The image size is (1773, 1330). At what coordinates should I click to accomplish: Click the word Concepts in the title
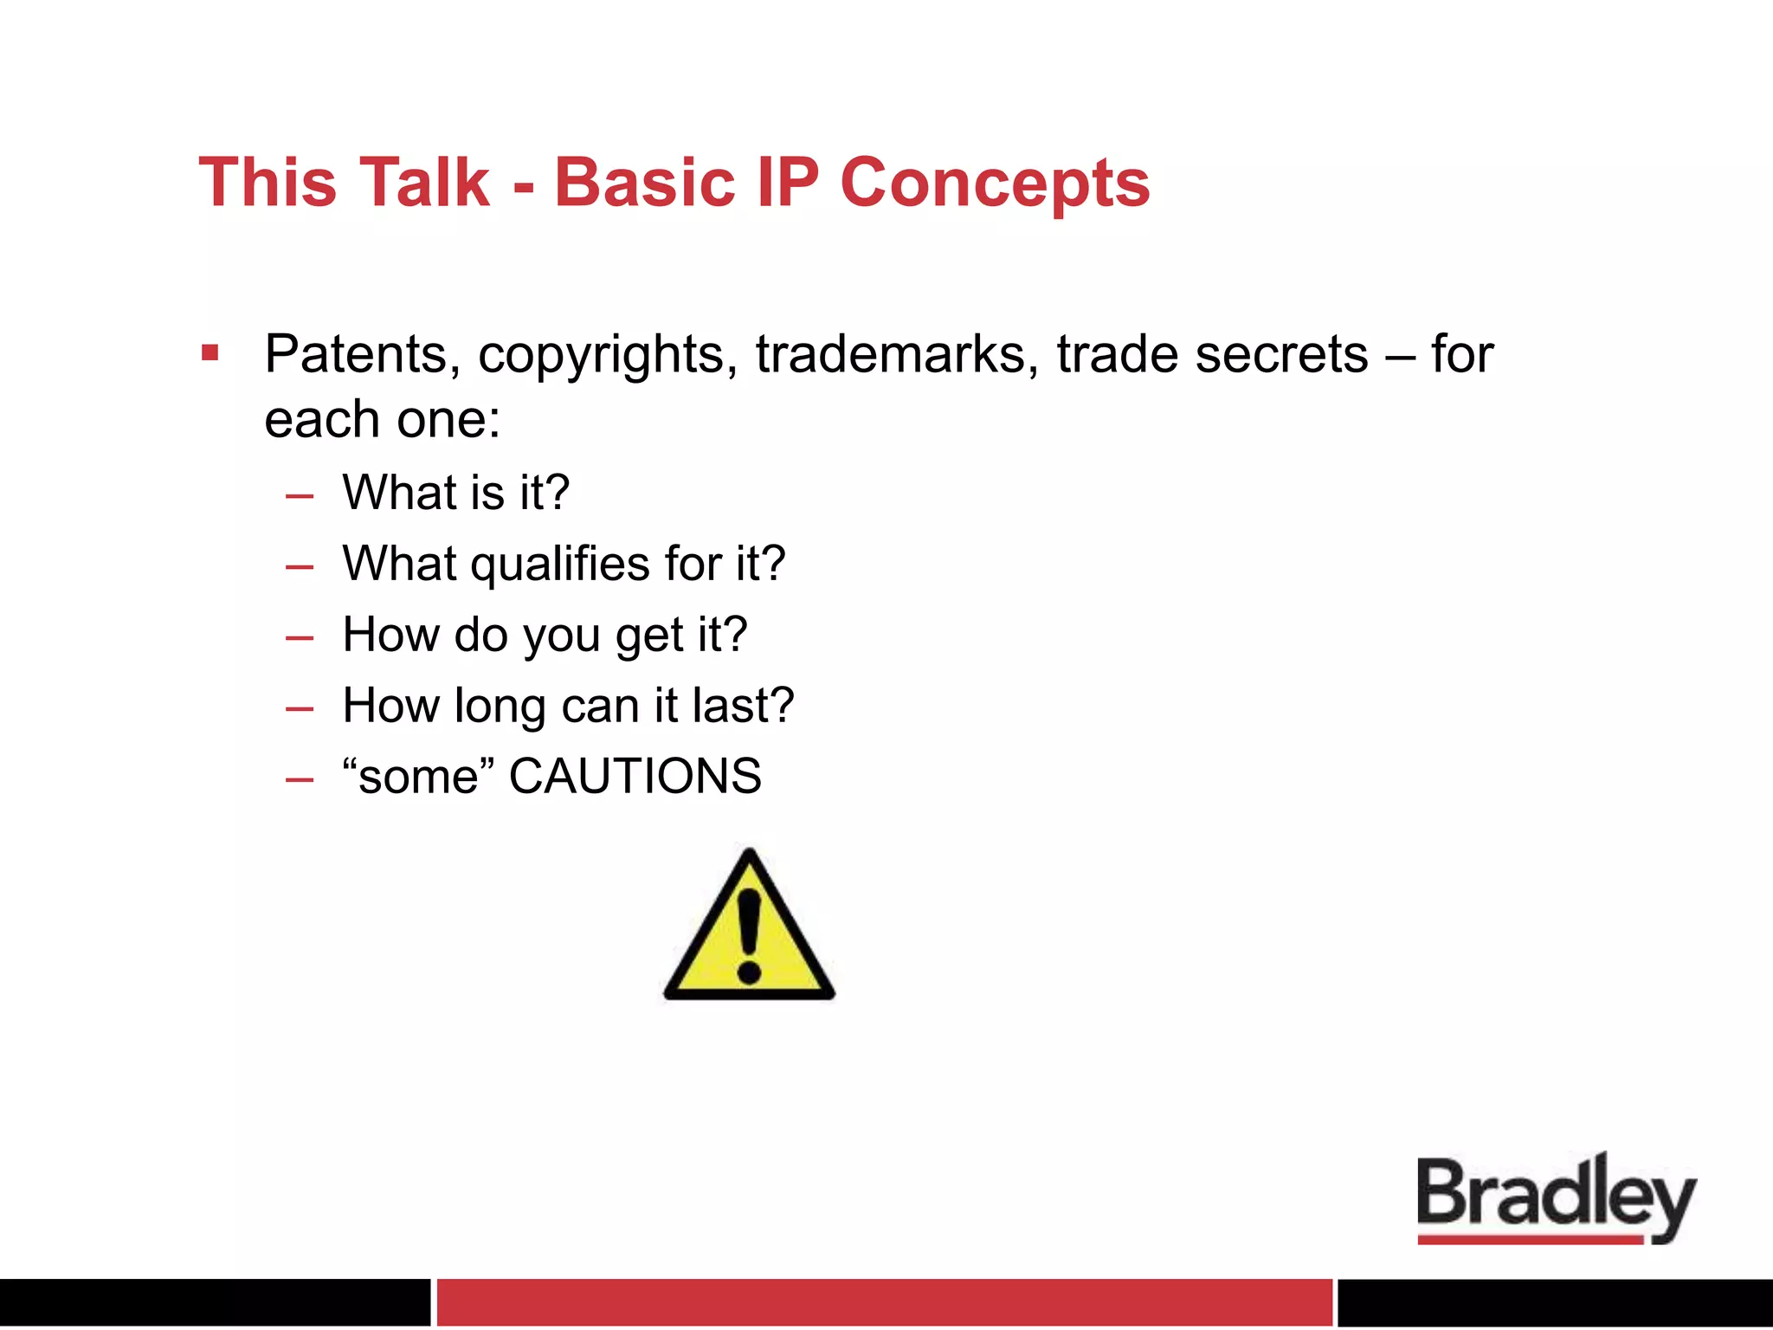pos(995,184)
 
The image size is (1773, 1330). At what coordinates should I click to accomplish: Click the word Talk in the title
pos(424,184)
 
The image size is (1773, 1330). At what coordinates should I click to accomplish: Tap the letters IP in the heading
pos(787,184)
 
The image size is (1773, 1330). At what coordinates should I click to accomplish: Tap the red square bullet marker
pos(210,352)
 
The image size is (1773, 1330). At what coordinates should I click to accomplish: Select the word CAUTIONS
pos(635,776)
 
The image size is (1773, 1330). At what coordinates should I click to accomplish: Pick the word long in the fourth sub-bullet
pos(501,707)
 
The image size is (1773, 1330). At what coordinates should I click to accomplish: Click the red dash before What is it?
pos(299,496)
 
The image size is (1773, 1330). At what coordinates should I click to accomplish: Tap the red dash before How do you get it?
pos(299,638)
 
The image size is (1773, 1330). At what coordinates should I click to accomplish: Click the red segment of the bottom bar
pos(883,1301)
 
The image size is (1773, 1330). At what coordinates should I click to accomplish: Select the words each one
pos(381,421)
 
